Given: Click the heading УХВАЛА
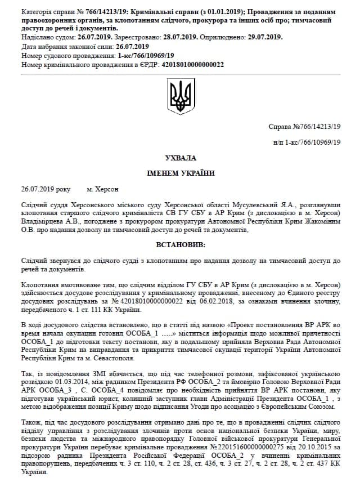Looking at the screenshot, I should pyautogui.click(x=181, y=158).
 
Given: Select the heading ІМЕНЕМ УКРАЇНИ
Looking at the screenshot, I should pyautogui.click(x=181, y=173).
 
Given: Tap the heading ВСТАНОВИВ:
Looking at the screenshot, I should pyautogui.click(x=181, y=246).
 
